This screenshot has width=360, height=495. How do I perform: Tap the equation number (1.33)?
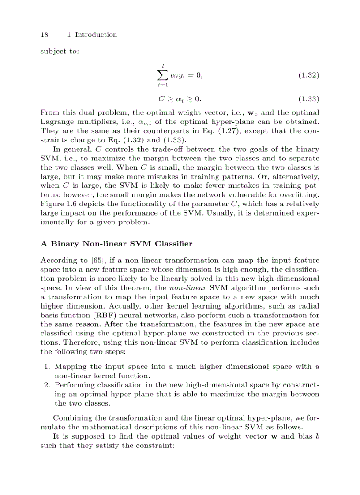[308, 99]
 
